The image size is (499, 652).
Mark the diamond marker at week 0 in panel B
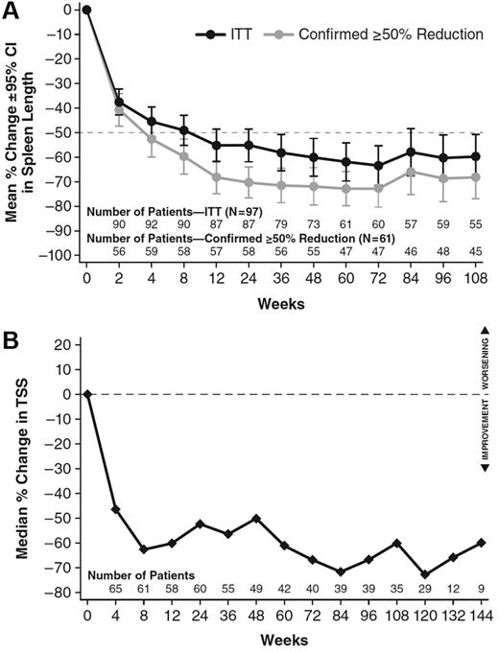(x=86, y=393)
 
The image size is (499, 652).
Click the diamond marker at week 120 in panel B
(x=396, y=574)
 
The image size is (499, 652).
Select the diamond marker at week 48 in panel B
(x=256, y=518)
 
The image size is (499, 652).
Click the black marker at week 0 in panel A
(x=86, y=10)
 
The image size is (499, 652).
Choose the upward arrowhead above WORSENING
(x=486, y=331)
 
